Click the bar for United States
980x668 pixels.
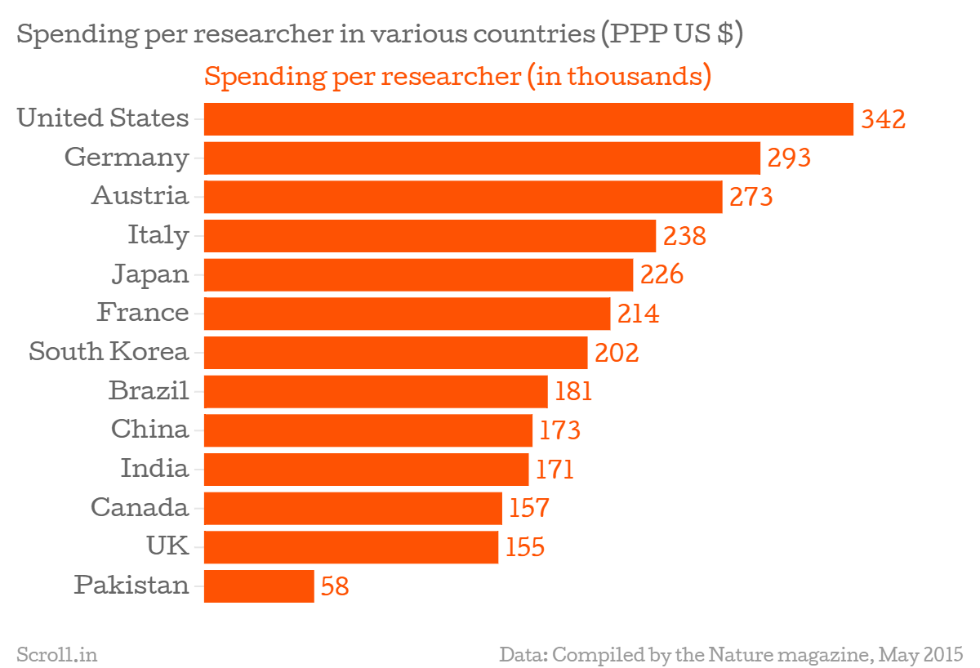click(x=528, y=119)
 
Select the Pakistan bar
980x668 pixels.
click(x=259, y=586)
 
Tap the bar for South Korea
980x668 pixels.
click(x=395, y=353)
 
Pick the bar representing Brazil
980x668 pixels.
click(x=376, y=392)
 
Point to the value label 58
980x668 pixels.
click(x=336, y=586)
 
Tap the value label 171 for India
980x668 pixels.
click(x=555, y=470)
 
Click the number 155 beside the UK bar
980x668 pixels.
click(x=524, y=547)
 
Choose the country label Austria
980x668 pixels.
click(x=140, y=196)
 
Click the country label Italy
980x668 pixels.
click(x=158, y=235)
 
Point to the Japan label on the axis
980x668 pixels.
click(x=150, y=274)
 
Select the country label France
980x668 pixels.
click(x=143, y=313)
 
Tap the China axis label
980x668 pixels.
click(x=149, y=430)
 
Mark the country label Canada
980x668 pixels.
click(x=140, y=508)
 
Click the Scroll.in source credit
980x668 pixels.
click(x=57, y=654)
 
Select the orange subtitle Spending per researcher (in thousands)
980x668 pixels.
click(x=457, y=77)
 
